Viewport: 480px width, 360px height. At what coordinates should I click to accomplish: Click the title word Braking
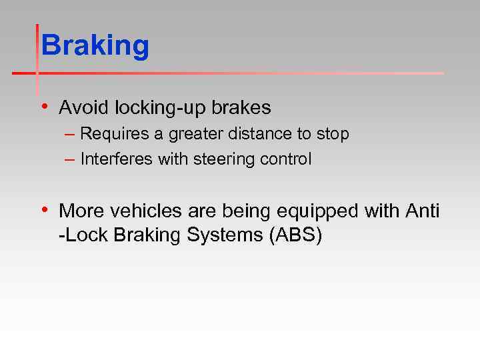[x=95, y=47]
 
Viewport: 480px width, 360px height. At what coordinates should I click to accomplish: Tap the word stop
[x=333, y=135]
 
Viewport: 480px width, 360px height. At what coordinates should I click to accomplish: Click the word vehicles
[x=139, y=211]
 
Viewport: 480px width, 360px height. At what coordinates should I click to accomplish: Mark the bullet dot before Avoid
[x=44, y=107]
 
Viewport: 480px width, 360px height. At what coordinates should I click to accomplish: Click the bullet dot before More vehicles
[x=44, y=211]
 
